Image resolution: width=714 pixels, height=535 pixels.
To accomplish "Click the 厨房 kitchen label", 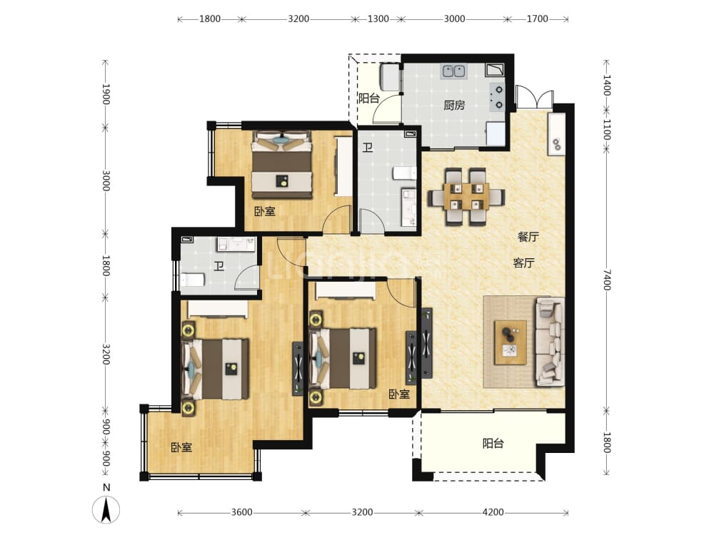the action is coord(454,106).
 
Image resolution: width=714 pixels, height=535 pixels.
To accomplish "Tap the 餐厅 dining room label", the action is coord(528,237).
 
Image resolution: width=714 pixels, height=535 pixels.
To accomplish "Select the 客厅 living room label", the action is coord(523,263).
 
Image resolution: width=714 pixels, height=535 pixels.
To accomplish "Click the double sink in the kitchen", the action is coord(454,71).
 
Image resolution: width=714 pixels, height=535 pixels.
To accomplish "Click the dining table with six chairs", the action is coord(466,197).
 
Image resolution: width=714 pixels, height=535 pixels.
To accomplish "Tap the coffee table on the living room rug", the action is coord(511,342).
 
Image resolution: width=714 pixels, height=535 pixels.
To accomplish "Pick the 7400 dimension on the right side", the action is coord(606,280).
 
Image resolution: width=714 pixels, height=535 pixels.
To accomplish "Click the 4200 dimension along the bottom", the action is coord(493,512).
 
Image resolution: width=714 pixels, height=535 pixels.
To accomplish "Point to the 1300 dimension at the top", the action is coord(378,19).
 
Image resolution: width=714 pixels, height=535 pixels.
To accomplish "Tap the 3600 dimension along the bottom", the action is coord(241,512).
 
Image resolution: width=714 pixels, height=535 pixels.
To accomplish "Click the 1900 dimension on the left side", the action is coord(106,94).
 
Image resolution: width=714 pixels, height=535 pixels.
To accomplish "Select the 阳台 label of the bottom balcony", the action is coord(493,443).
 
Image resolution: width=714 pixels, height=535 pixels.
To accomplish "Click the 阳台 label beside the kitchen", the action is coord(369,98).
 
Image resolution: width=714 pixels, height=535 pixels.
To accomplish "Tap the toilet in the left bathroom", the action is coord(192,280).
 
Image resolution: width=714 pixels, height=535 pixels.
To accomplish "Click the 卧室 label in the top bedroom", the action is coord(265,211).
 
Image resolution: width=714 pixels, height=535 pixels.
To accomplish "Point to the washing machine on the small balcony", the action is coord(389,77).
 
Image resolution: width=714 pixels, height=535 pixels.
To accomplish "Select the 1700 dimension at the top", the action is coord(538,19).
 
